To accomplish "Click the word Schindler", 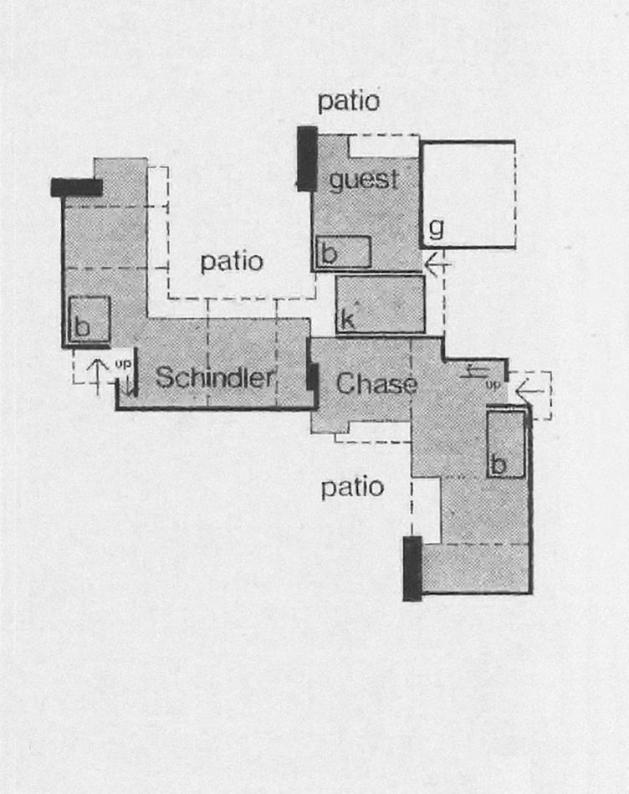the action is pos(215,378).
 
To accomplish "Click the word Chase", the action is pos(376,384).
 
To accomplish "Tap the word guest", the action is pos(363,180).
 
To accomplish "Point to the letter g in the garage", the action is pos(436,227).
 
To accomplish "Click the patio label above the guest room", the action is pos(349,102).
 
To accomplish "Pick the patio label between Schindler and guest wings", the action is pos(232,262).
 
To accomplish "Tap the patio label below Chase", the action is pos(353,487).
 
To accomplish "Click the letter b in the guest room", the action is pos(329,254).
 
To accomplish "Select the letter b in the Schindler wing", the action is pos(82,327).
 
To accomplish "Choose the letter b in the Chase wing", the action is pos(498,464).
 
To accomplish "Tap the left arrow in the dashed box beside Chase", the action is pos(529,387).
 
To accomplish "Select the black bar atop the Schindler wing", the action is pos(76,187).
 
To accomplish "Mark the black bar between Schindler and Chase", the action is pos(312,377).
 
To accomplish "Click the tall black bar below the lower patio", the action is pos(412,568).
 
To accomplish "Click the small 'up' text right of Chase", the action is pos(493,385).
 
